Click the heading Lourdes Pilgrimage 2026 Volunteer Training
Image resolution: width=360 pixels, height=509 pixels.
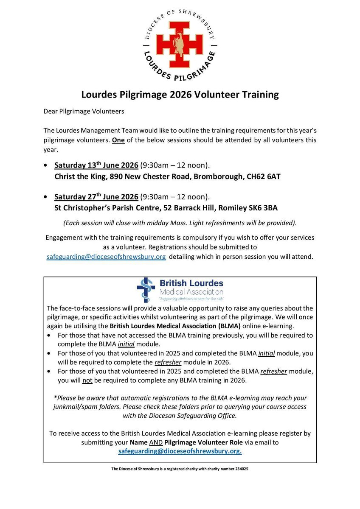(x=180, y=95)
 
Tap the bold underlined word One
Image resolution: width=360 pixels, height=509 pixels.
(x=118, y=140)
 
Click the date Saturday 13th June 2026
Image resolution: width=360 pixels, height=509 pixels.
(x=96, y=165)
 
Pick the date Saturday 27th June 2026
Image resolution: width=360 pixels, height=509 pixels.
(x=96, y=197)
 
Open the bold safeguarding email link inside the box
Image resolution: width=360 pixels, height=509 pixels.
(x=180, y=452)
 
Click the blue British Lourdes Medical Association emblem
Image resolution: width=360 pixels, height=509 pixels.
(x=146, y=290)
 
